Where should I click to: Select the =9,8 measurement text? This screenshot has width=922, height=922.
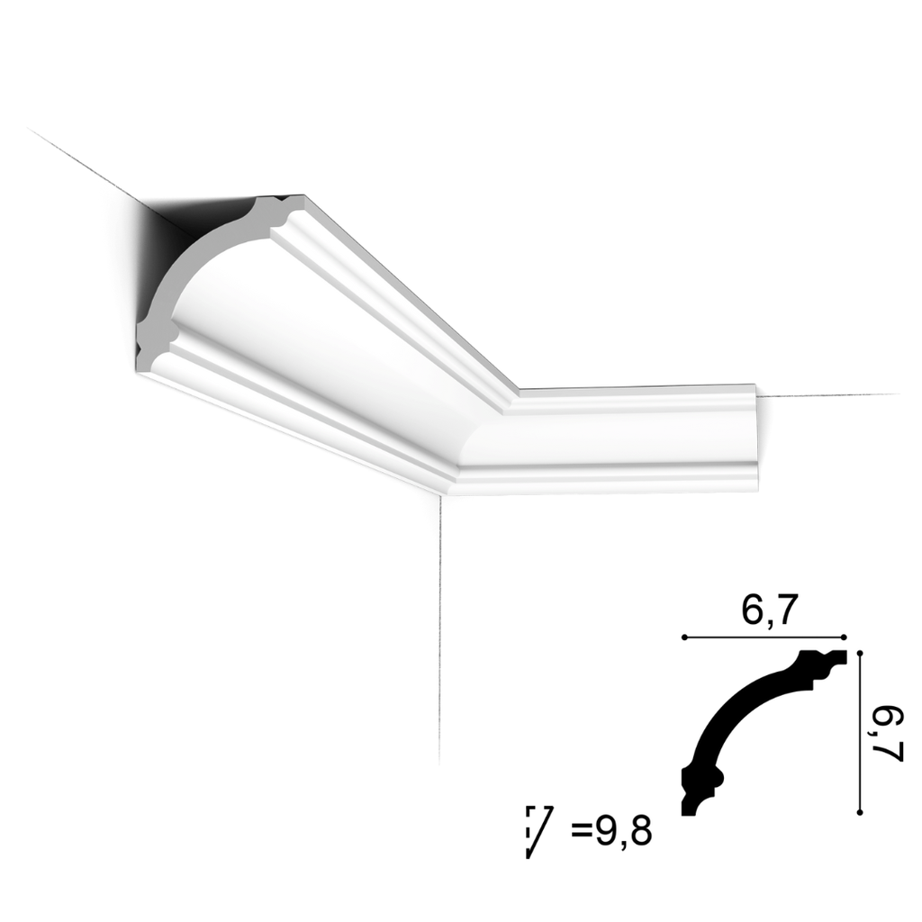[x=610, y=829]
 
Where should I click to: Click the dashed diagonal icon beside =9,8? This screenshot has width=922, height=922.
[x=538, y=830]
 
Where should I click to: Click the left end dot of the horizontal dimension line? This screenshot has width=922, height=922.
[x=684, y=637]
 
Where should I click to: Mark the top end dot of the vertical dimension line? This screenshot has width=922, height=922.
[x=861, y=651]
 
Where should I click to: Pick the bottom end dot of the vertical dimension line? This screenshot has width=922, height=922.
[x=861, y=812]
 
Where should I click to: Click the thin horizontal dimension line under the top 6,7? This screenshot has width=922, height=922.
[x=765, y=637]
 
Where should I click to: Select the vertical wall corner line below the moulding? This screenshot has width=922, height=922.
[x=439, y=630]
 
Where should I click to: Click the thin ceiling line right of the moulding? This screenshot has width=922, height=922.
[x=828, y=395]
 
